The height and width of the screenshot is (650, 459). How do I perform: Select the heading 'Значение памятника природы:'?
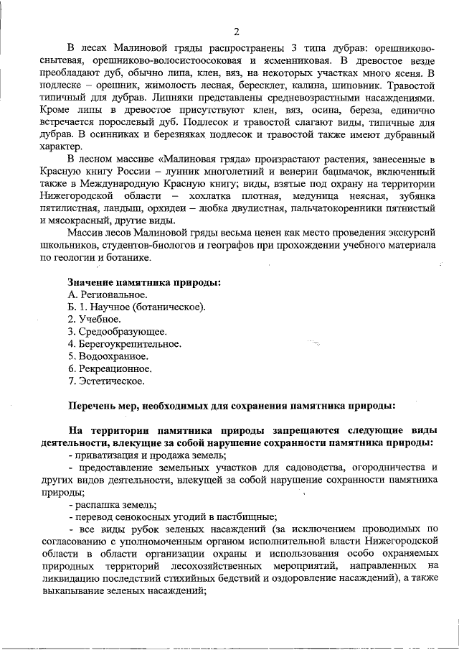coord(144,282)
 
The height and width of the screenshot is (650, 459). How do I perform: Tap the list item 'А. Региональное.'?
coord(108,294)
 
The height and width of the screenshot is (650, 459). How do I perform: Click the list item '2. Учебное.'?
coord(95,319)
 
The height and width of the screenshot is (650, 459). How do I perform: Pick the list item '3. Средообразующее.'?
coord(117,331)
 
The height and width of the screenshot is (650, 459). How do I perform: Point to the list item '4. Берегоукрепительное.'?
coord(124,343)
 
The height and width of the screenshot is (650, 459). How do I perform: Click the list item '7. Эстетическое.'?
coord(106,380)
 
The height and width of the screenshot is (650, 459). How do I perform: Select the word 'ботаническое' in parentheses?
coord(175,307)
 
